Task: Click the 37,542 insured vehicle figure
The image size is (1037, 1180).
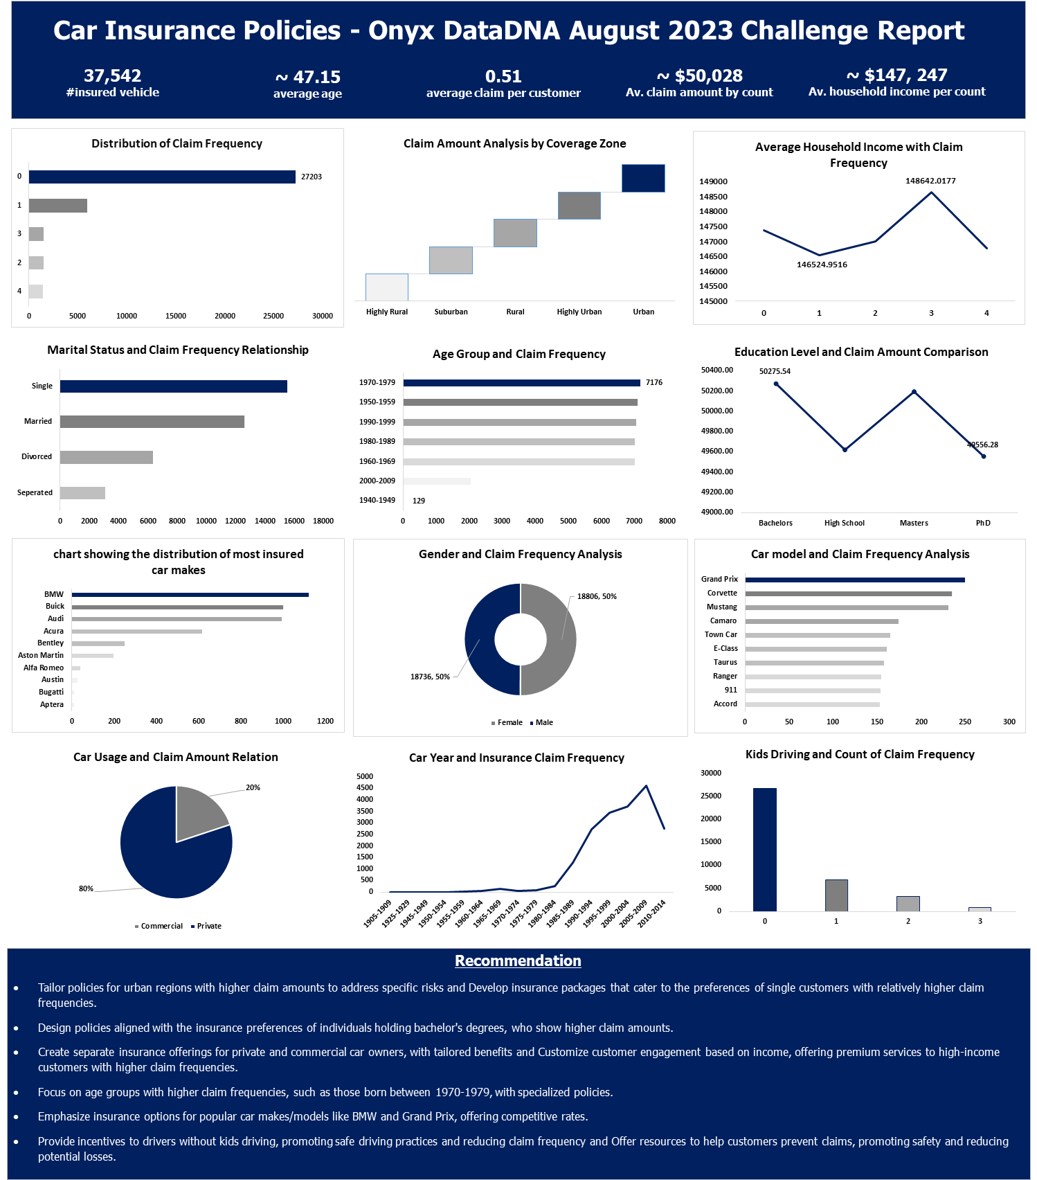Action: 112,75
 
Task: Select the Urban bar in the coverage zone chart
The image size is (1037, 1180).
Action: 643,178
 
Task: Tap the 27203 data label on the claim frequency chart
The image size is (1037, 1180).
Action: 312,177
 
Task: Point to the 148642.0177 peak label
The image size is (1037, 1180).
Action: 930,181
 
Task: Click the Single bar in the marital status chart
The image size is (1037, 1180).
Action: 173,386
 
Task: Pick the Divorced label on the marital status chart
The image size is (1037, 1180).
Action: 37,457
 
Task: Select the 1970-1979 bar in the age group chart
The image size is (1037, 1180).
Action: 521,383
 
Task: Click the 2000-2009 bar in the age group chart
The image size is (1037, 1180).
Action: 437,481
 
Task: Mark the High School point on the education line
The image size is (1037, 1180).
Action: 845,449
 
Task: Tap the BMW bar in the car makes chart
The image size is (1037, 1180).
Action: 190,595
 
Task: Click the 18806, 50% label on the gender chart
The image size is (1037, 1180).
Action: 597,596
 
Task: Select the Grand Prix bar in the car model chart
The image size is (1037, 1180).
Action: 854,580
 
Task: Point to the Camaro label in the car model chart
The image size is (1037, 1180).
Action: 723,621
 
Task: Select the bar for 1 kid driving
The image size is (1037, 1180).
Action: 836,895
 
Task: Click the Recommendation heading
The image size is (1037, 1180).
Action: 518,960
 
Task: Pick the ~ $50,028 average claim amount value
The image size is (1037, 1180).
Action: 699,75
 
